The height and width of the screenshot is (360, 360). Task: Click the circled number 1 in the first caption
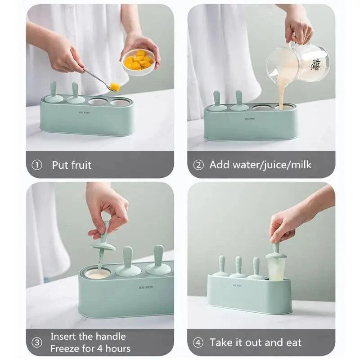(37, 165)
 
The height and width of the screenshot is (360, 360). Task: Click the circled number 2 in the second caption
(198, 165)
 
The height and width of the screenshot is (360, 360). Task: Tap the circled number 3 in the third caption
(37, 342)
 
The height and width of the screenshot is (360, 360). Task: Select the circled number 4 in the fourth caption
(198, 342)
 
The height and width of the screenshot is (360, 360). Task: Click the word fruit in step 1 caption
(81, 165)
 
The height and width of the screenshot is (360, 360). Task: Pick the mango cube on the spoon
(115, 86)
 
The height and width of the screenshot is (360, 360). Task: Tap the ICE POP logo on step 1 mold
(85, 112)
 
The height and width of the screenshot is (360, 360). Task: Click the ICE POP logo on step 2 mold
(250, 119)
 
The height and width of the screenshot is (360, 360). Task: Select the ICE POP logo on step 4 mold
(237, 285)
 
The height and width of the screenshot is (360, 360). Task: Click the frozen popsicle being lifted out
(276, 266)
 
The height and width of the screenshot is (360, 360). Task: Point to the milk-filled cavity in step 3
(98, 274)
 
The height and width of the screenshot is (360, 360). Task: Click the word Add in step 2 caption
(219, 165)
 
